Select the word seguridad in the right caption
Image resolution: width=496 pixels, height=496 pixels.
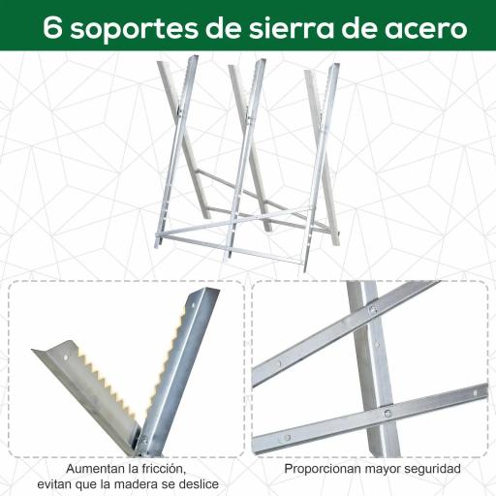(x=430, y=469)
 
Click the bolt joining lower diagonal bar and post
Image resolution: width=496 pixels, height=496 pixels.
(x=387, y=414)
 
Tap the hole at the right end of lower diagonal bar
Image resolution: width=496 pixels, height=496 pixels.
(x=476, y=391)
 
